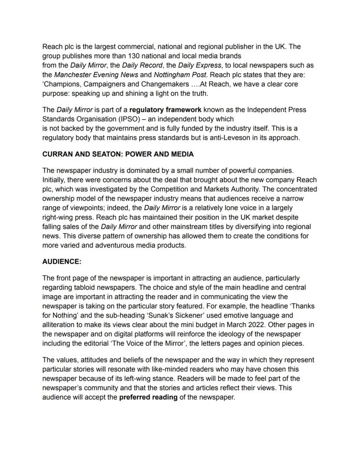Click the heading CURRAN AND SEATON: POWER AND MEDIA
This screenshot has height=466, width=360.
click(118, 154)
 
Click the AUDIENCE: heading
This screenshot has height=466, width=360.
click(62, 262)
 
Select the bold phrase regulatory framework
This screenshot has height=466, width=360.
click(165, 110)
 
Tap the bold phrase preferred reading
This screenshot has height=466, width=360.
click(148, 397)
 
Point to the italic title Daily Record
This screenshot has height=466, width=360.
click(141, 65)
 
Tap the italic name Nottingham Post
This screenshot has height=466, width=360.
click(174, 74)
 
